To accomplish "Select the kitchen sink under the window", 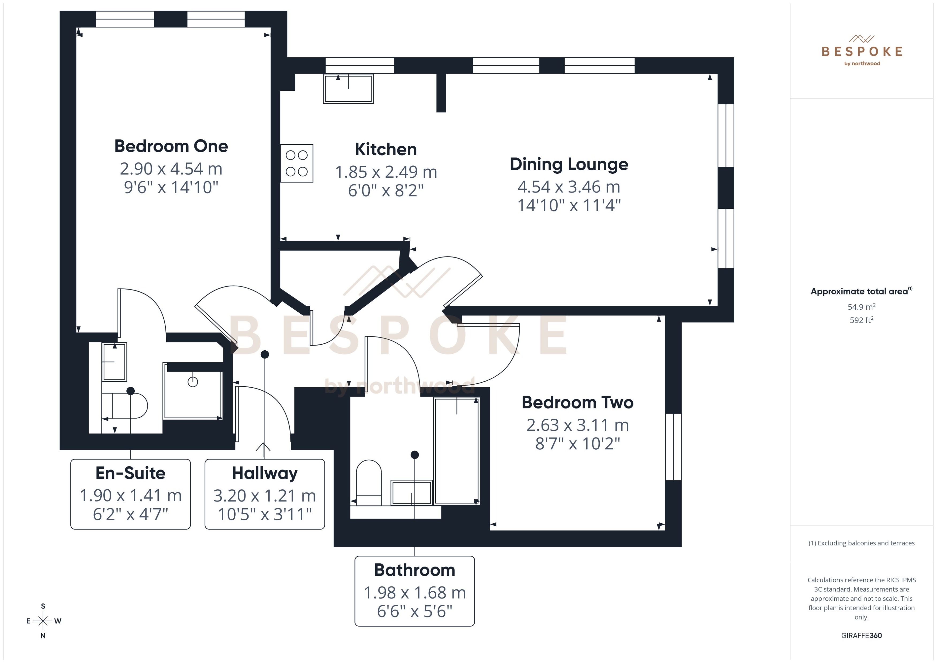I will click(348, 89).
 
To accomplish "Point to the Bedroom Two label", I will click(577, 403).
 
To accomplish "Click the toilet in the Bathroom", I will click(369, 478).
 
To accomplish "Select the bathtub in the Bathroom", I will click(456, 451).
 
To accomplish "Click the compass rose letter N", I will click(43, 636).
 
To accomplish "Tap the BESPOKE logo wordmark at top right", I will click(862, 51).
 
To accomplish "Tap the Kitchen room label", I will click(386, 149).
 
